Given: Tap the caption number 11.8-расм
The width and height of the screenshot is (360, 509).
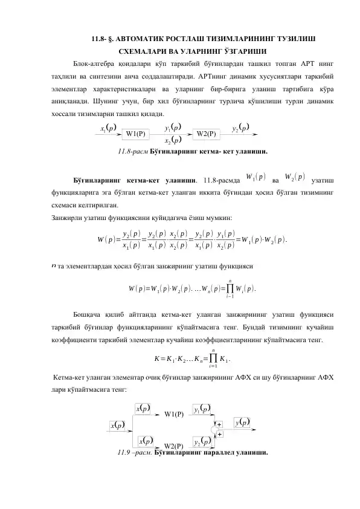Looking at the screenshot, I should tap(133, 151).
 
